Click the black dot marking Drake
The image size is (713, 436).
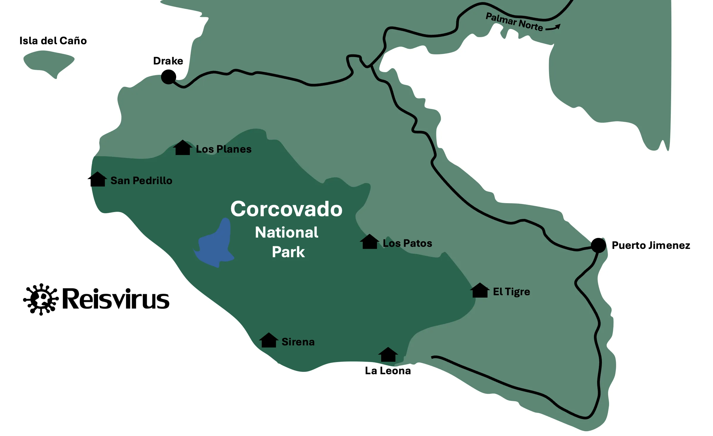[168, 77]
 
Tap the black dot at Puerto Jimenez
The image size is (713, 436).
[598, 245]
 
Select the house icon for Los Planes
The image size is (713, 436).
[182, 148]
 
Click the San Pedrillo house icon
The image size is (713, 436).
[97, 179]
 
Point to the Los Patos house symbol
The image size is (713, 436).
[369, 242]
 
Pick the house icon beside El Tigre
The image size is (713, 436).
[479, 290]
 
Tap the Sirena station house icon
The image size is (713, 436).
[269, 340]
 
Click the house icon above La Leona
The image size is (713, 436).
[388, 355]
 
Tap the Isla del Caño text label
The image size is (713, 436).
[53, 41]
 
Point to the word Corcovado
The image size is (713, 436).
[286, 209]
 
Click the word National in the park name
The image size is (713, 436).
[286, 232]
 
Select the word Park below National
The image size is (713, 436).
[288, 252]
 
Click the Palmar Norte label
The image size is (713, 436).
[514, 22]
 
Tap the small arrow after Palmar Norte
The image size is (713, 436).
[553, 28]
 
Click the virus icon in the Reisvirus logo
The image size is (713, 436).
[41, 299]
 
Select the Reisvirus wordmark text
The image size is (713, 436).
[116, 299]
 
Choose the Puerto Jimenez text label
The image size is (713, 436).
[651, 245]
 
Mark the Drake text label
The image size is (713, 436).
[168, 61]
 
